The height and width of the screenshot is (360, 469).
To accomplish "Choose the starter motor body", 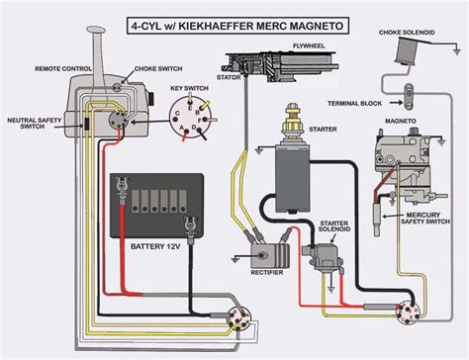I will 292,174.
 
